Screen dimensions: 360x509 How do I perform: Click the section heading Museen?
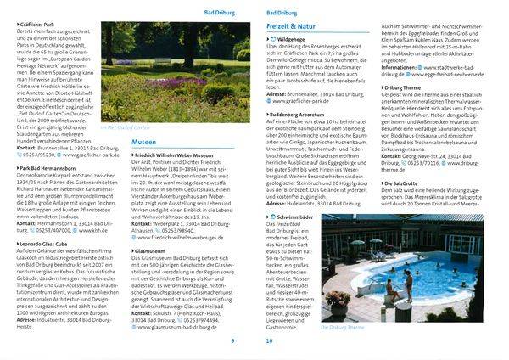click(144, 141)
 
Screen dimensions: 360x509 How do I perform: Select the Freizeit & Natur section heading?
click(296, 26)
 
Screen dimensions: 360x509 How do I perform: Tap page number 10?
click(270, 340)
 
